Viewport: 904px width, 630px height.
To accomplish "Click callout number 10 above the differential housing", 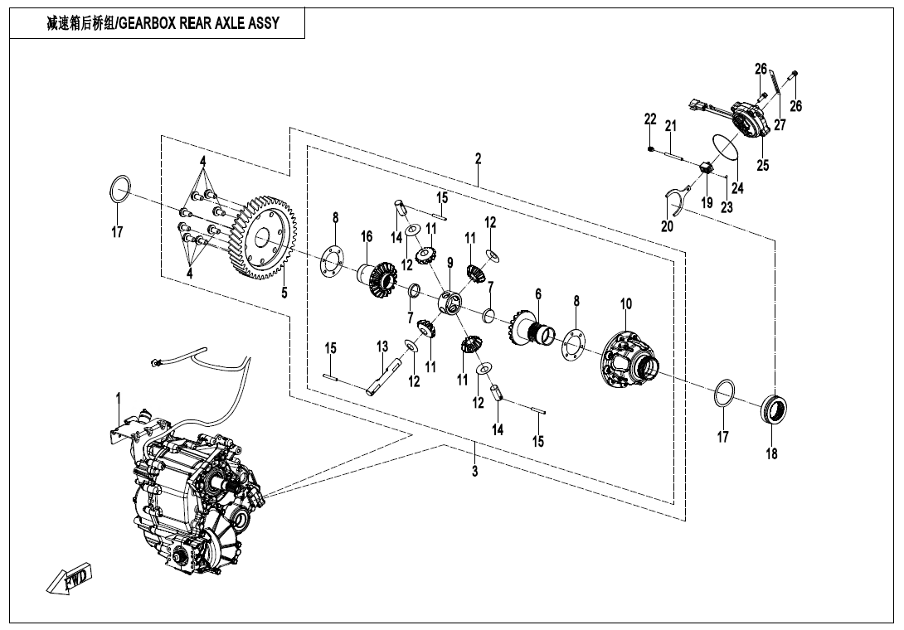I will pos(625,305).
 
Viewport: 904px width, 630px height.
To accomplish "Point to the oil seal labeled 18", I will pos(775,409).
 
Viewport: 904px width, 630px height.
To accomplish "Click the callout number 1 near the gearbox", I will pos(118,399).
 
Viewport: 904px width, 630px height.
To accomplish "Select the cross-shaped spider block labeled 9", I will pos(452,302).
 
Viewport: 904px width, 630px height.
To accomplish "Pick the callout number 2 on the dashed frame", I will pos(479,158).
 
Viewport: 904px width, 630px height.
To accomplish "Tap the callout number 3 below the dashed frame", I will pos(474,472).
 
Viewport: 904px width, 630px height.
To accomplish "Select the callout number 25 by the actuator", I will pos(763,165).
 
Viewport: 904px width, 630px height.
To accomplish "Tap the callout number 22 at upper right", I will pos(650,119).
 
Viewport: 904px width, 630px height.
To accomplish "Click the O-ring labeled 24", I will pos(726,148).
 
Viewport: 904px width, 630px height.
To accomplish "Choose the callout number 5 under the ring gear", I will pos(284,292).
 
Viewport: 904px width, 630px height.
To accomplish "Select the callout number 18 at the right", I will pos(771,453).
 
